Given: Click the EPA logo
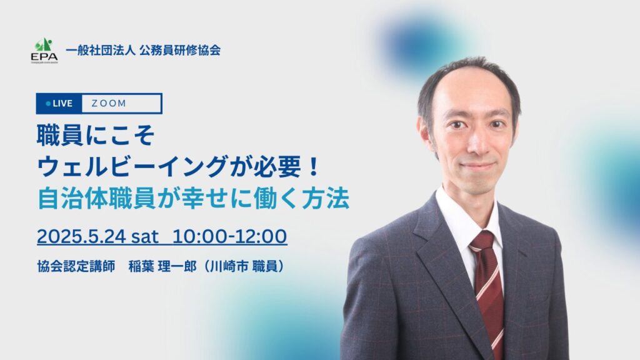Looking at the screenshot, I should click(44, 50).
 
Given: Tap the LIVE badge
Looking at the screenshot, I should click(59, 103).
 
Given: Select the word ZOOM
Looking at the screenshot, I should click(109, 103).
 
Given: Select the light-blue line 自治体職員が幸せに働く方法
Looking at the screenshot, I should click(193, 199).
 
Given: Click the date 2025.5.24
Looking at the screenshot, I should click(82, 236).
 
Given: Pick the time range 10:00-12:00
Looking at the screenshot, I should click(229, 236).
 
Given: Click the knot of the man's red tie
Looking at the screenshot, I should click(482, 241).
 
